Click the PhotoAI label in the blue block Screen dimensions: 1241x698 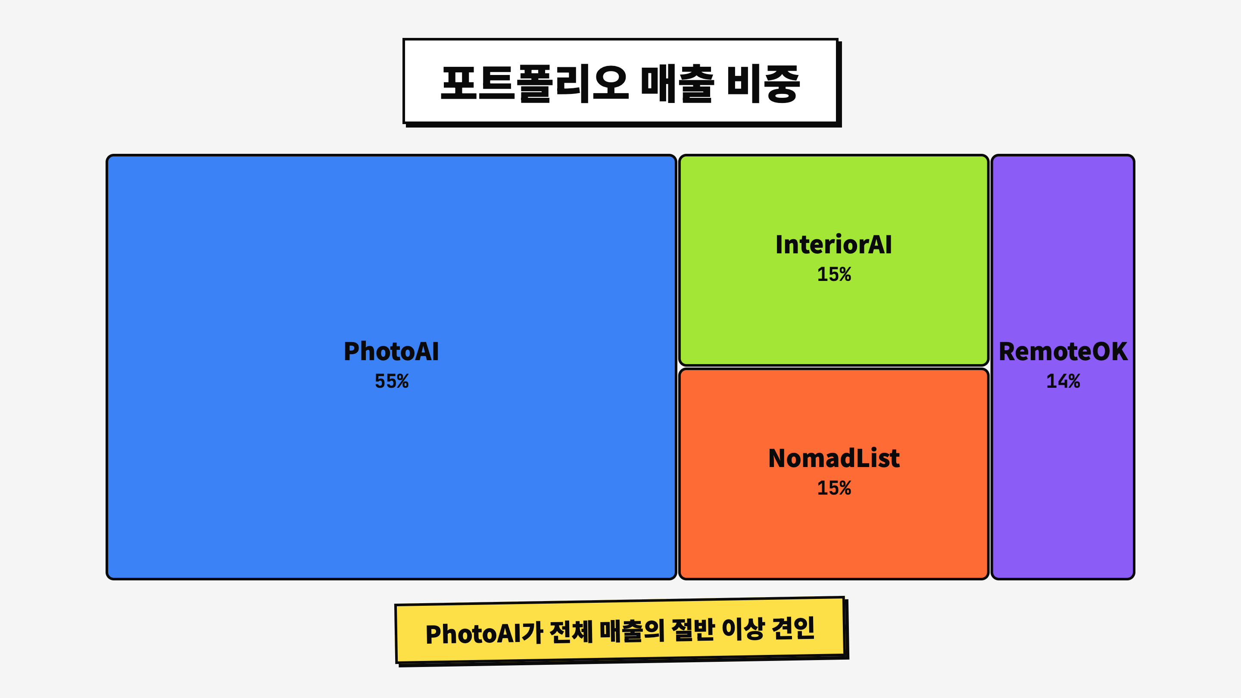pyautogui.click(x=391, y=351)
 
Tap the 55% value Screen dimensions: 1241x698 pyautogui.click(x=392, y=381)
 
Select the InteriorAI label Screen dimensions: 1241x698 pyautogui.click(x=833, y=244)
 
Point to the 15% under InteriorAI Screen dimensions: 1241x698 pyautogui.click(x=834, y=274)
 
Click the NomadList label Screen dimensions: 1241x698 pyautogui.click(x=834, y=458)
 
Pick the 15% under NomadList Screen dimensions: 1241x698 pyautogui.click(x=834, y=488)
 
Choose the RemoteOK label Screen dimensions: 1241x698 pyautogui.click(x=1063, y=351)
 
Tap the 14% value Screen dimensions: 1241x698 pyautogui.click(x=1063, y=381)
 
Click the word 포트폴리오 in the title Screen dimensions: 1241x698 pyautogui.click(x=535, y=83)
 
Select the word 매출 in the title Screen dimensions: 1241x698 pyautogui.click(x=677, y=83)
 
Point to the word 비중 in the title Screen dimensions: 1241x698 pyautogui.click(x=763, y=83)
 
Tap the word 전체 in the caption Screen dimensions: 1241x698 pyautogui.click(x=571, y=632)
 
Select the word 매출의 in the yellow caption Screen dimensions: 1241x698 pyautogui.click(x=632, y=630)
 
